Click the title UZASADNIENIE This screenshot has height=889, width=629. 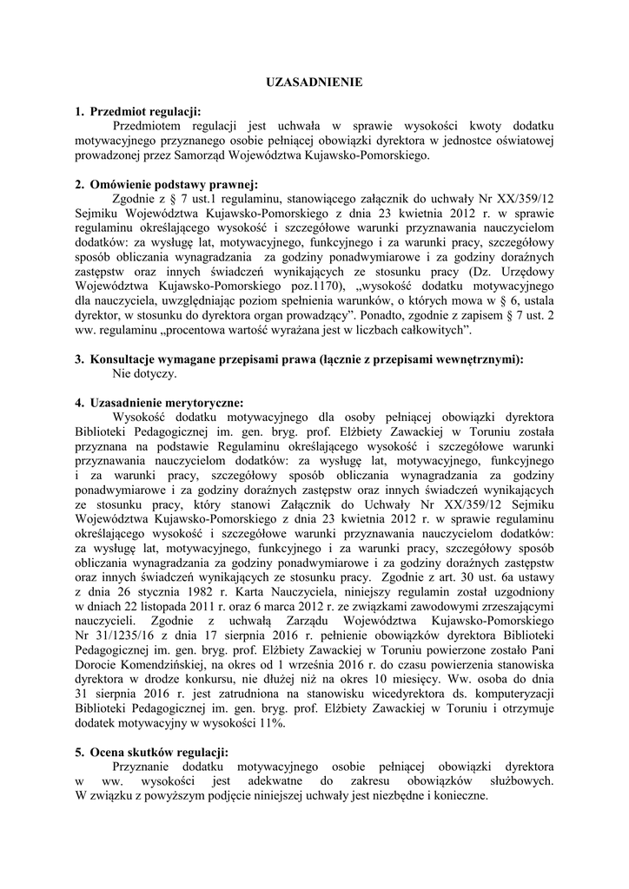click(314, 82)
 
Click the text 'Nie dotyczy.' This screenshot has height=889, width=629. click(144, 373)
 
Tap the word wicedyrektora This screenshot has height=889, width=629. click(401, 695)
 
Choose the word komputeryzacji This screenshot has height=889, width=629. click(512, 695)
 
